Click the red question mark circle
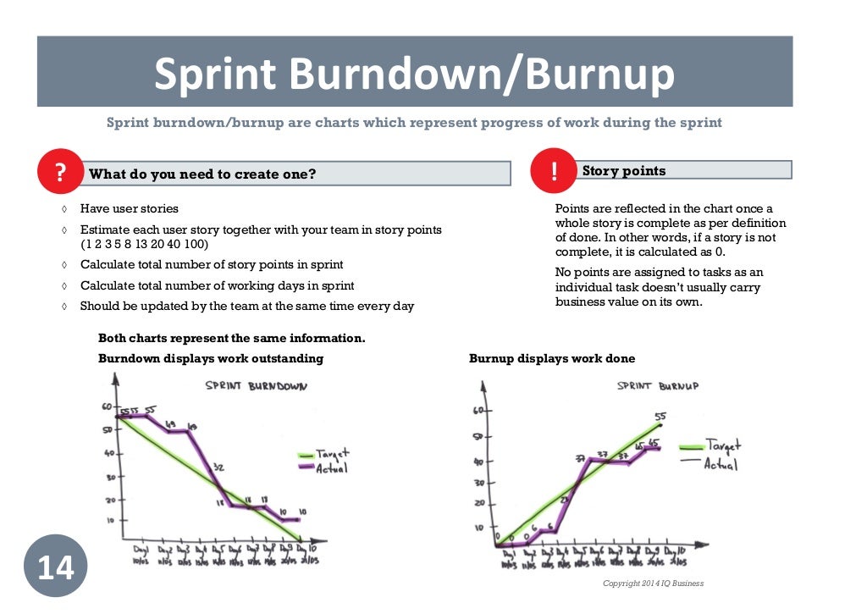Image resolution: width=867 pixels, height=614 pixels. click(x=60, y=173)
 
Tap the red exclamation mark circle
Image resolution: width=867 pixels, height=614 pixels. click(x=554, y=170)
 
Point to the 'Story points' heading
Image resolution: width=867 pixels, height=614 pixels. click(x=624, y=171)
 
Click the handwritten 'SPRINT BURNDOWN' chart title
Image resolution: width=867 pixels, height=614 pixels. click(x=256, y=386)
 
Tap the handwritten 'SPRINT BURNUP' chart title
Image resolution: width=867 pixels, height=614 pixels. click(x=658, y=386)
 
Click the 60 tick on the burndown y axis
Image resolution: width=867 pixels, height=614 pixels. click(x=108, y=407)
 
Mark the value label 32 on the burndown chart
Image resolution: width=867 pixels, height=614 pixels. click(x=218, y=467)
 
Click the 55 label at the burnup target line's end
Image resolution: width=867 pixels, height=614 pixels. click(x=660, y=416)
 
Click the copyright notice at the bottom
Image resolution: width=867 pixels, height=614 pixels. click(x=653, y=584)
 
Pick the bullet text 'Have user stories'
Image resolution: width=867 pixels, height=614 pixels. click(x=130, y=208)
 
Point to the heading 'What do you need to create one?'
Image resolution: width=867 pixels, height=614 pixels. click(x=202, y=174)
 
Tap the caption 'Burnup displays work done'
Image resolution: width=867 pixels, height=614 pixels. click(x=552, y=358)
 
